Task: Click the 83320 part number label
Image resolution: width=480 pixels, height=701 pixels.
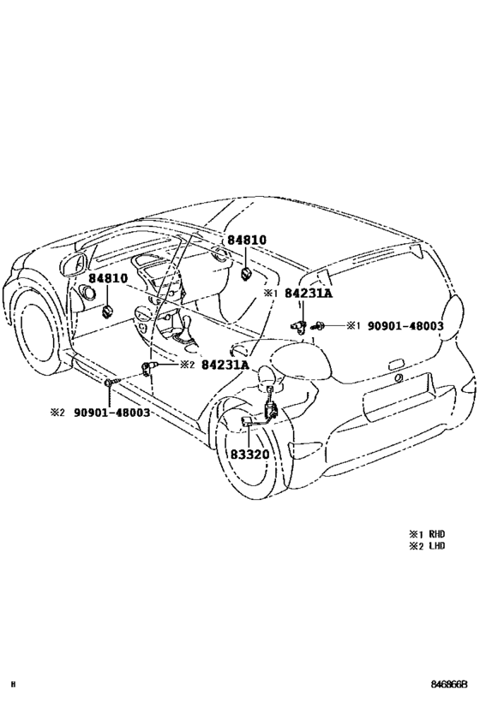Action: click(x=249, y=454)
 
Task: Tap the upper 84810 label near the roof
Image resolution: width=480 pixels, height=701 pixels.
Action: click(x=247, y=240)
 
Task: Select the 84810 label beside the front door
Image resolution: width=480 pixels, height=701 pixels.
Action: click(x=108, y=278)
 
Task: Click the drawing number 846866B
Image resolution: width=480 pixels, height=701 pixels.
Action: click(x=449, y=684)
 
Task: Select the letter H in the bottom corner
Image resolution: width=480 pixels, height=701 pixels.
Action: click(x=13, y=684)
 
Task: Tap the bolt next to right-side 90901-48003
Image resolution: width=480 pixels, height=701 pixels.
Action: click(x=319, y=326)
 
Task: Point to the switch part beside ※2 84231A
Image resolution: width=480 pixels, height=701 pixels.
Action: click(x=148, y=366)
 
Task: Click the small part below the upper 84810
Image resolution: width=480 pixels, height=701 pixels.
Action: click(x=246, y=273)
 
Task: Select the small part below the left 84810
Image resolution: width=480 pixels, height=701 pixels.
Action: click(x=107, y=312)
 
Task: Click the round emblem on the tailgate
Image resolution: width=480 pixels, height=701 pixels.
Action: click(x=398, y=378)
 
